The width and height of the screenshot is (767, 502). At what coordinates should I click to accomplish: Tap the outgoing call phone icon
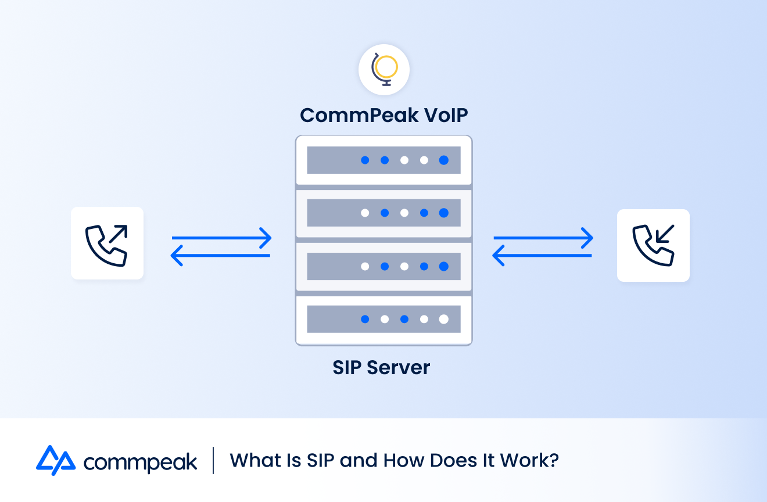pyautogui.click(x=107, y=243)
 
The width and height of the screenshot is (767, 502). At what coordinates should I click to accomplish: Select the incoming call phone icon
pyautogui.click(x=653, y=245)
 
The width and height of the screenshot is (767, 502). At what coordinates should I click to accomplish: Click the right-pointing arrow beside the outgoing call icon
pyautogui.click(x=221, y=238)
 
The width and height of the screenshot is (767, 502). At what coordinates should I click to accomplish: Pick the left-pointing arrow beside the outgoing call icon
pyautogui.click(x=221, y=256)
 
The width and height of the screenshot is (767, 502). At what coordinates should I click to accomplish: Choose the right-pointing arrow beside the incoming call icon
pyautogui.click(x=543, y=238)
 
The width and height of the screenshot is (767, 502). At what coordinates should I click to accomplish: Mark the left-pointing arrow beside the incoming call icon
pyautogui.click(x=542, y=256)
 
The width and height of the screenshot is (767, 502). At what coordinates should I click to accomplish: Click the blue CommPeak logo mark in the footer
pyautogui.click(x=55, y=460)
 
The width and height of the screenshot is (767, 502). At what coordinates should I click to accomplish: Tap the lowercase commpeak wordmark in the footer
pyautogui.click(x=140, y=462)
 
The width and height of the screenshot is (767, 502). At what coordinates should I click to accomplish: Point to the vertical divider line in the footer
pyautogui.click(x=213, y=460)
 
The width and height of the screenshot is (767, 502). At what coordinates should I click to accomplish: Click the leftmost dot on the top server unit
pyautogui.click(x=365, y=160)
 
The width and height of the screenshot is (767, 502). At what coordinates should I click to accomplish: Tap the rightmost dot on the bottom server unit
pyautogui.click(x=443, y=319)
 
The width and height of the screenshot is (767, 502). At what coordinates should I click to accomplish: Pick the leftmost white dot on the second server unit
pyautogui.click(x=365, y=213)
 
